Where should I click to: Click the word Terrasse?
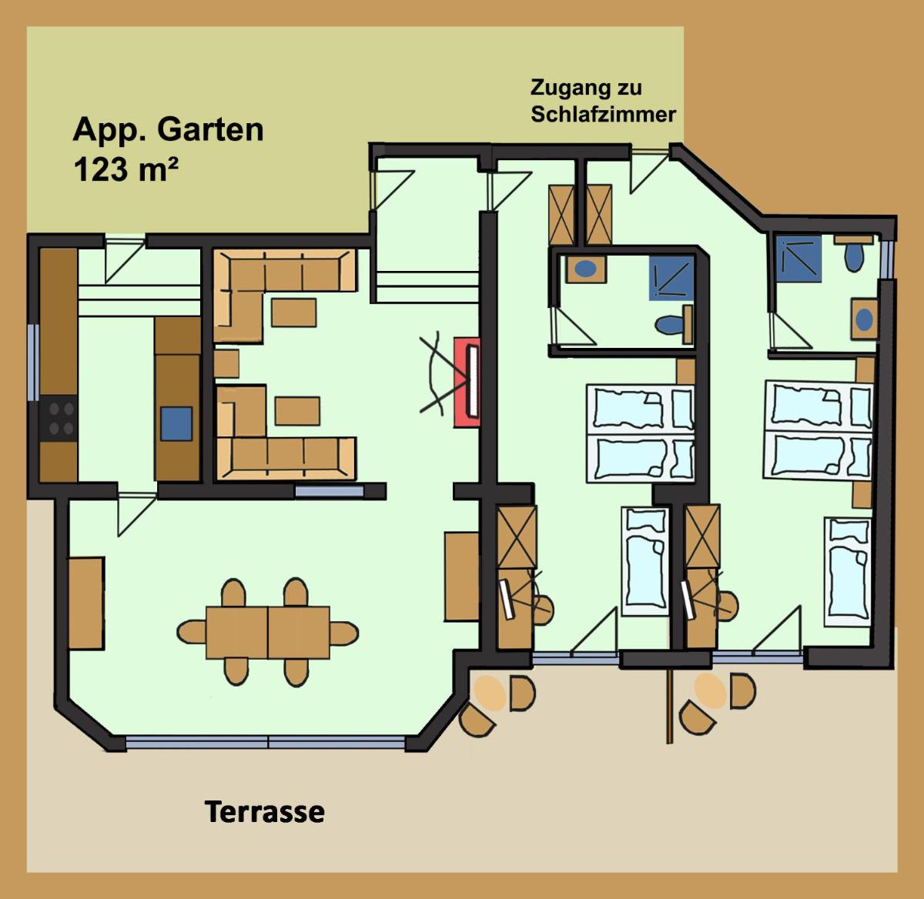(264, 812)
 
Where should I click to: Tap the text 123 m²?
(126, 169)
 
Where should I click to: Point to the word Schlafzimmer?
(603, 115)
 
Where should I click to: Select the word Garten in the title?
(210, 129)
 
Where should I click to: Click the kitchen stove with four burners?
(58, 419)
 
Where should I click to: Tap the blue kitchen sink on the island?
(176, 424)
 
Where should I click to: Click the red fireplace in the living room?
(467, 383)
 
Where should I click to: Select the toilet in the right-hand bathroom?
(854, 255)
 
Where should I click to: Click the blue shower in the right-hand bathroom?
(798, 259)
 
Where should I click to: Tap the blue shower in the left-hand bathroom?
(671, 278)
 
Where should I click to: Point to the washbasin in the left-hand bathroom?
(586, 269)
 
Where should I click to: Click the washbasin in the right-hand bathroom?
(864, 319)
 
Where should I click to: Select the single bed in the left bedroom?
(645, 562)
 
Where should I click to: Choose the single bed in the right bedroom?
(849, 572)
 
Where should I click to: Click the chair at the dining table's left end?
(192, 633)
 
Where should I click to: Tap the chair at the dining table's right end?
(344, 633)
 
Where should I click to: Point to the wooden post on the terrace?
(669, 706)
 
